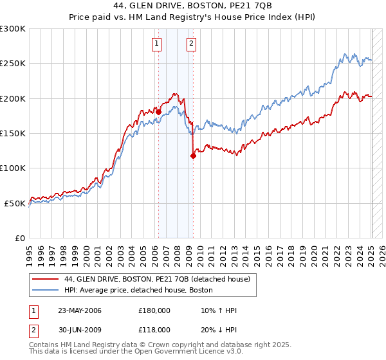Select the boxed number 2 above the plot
click(x=192, y=44)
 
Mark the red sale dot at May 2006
click(x=159, y=111)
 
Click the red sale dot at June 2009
click(x=193, y=155)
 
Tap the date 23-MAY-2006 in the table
click(x=80, y=311)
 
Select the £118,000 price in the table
click(x=154, y=329)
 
